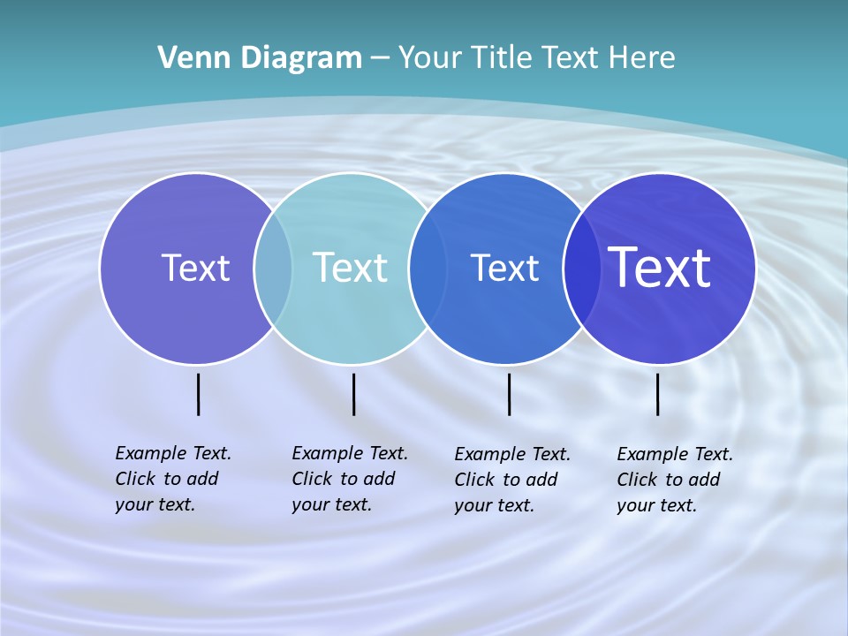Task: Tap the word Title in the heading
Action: click(502, 58)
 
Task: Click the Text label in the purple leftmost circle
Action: click(195, 268)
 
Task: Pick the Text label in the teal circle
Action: click(351, 268)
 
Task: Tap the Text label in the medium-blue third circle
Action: click(504, 268)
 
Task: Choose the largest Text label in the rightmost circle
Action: click(660, 268)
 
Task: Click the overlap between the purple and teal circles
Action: click(273, 268)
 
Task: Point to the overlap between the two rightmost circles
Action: click(582, 268)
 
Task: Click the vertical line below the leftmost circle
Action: click(198, 394)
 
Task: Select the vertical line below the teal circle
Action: click(353, 394)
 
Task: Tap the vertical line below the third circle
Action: click(509, 394)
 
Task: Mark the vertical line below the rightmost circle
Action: click(657, 394)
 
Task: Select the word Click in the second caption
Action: click(312, 479)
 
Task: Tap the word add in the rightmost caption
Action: click(704, 480)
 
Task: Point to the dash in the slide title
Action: click(380, 58)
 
